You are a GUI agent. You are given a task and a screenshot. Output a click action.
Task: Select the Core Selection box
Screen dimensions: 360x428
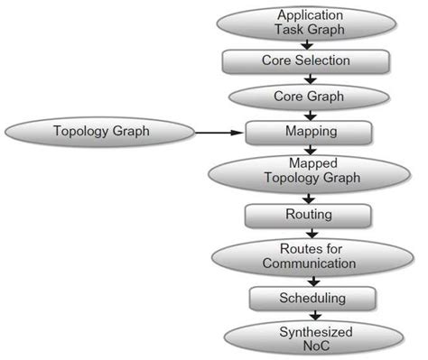pyautogui.click(x=307, y=60)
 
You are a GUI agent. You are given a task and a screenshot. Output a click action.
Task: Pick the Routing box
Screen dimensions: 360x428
pyautogui.click(x=307, y=215)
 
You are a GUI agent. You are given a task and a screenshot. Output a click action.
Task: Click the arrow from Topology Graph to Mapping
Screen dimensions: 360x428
pyautogui.click(x=220, y=132)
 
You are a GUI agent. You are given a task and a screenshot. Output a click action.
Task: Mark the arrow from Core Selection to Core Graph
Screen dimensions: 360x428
pyautogui.click(x=311, y=78)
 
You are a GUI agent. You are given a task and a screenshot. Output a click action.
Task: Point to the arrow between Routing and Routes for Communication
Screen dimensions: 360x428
pyautogui.click(x=311, y=232)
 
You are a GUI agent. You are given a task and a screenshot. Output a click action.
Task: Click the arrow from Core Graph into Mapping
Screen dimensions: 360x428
pyautogui.click(x=311, y=115)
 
